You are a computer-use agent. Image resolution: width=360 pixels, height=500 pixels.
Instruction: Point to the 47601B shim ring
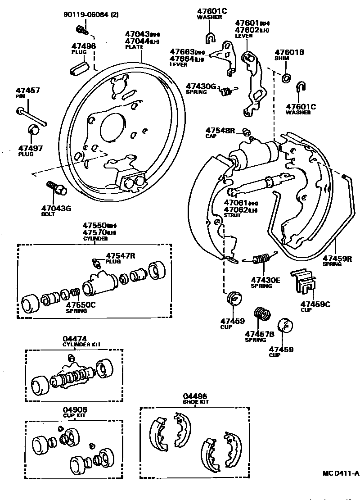[x=286, y=78]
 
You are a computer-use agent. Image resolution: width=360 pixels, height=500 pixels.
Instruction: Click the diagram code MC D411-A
[x=340, y=473]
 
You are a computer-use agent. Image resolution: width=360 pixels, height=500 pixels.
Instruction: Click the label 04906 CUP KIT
[x=74, y=412]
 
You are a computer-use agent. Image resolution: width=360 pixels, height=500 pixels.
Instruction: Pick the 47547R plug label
[x=120, y=257]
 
